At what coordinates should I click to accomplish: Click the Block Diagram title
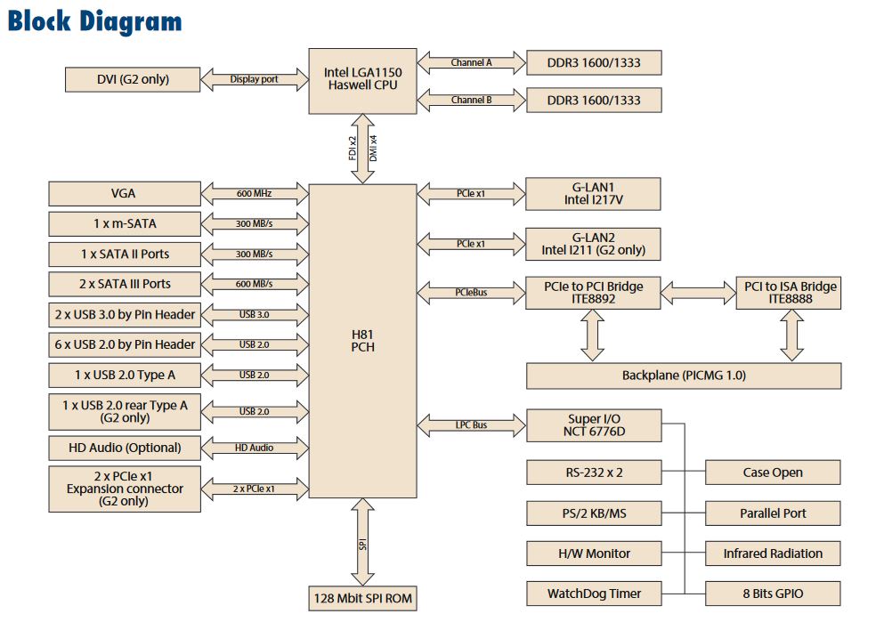point(94,22)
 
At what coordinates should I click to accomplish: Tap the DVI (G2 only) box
point(133,79)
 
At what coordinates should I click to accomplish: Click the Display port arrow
point(254,79)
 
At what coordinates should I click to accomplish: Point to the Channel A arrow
point(471,63)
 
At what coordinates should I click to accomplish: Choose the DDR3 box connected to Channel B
point(594,100)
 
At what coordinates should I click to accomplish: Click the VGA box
point(124,193)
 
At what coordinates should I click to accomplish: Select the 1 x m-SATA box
point(124,223)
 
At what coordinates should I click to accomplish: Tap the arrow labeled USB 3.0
point(254,314)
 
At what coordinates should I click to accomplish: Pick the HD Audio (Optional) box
point(124,448)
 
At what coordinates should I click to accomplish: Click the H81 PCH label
point(362,340)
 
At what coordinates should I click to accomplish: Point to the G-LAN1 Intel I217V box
point(594,193)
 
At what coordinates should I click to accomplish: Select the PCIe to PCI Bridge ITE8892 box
point(594,292)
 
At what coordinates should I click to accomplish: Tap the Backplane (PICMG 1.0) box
point(684,376)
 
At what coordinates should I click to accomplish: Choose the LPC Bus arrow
point(471,425)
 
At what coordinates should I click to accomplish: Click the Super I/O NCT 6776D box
point(594,425)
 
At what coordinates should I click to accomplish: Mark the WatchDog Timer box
point(594,594)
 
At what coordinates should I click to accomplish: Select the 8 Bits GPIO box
point(773,594)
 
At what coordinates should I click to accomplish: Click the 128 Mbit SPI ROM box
point(362,598)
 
